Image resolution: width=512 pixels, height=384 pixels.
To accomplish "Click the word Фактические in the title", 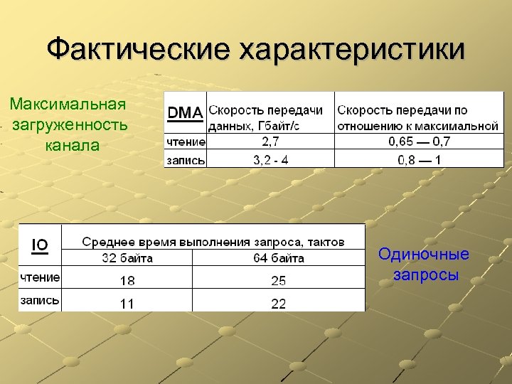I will pos(139,49).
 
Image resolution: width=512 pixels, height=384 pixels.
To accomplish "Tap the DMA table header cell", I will pos(185,112).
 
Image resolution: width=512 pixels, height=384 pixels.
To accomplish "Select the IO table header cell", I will pos(40,245).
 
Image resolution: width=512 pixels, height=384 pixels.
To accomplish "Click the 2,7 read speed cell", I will pos(270,142).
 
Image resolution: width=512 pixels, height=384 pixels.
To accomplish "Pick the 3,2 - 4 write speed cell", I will pos(270,159).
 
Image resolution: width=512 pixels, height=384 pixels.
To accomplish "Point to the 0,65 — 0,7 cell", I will pos(419,142).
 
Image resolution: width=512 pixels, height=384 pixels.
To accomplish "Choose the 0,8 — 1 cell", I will pos(419,159).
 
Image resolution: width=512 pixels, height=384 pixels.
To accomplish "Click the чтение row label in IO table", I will pos(40,276).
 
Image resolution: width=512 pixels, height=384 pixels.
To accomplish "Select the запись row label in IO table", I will pos(40,301).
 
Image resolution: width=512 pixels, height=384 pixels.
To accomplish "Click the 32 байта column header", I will pos(127,257).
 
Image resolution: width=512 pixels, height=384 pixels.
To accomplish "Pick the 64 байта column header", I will pos(279,257).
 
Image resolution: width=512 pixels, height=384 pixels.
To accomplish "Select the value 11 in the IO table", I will pos(127,304).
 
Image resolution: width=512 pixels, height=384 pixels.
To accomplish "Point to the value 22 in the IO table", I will pos(279,304).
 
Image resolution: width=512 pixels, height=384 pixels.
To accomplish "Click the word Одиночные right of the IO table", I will pos(424,254).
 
